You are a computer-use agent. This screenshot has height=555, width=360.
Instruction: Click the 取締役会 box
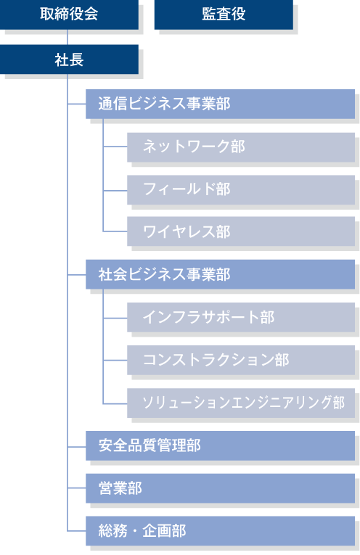coord(69,15)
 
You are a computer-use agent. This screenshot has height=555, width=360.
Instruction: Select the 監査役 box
coord(224,15)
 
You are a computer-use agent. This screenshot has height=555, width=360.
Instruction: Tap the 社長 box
coord(69,59)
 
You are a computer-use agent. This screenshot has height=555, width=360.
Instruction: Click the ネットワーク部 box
coord(240,147)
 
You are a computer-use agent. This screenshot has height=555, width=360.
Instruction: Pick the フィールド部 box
coord(240,189)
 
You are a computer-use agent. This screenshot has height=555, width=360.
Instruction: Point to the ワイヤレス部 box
coord(240,231)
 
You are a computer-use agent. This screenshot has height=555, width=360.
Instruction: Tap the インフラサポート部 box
coord(240,317)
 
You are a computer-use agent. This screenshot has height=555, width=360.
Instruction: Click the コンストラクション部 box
coord(240,360)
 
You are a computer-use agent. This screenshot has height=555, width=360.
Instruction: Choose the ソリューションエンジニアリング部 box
coord(240,403)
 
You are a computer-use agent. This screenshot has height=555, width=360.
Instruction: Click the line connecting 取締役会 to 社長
coord(68,37)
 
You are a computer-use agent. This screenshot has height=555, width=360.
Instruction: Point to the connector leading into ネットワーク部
coord(115,147)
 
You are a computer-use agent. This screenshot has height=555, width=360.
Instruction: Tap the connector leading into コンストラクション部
coord(115,360)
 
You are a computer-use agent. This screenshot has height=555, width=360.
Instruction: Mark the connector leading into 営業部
coord(76,488)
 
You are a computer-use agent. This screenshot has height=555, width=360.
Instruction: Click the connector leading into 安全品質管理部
coord(76,445)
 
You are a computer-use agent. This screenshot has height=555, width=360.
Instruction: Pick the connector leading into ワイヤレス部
coord(115,231)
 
